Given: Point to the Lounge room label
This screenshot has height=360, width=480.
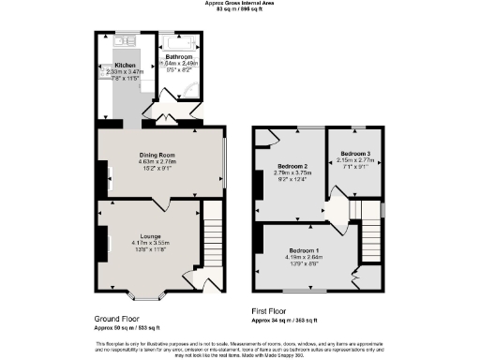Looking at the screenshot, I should (150, 235).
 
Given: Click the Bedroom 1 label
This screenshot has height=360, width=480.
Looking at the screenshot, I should (304, 250).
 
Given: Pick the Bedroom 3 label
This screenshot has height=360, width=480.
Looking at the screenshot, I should (355, 153).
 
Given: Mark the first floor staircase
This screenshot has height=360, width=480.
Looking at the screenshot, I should (366, 210).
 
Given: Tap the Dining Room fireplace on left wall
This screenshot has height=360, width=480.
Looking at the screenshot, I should (98, 176).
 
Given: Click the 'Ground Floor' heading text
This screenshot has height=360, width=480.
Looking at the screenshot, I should (117, 319).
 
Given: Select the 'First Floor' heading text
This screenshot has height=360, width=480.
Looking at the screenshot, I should (271, 310).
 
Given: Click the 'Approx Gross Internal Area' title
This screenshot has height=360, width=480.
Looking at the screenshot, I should (239, 3).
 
